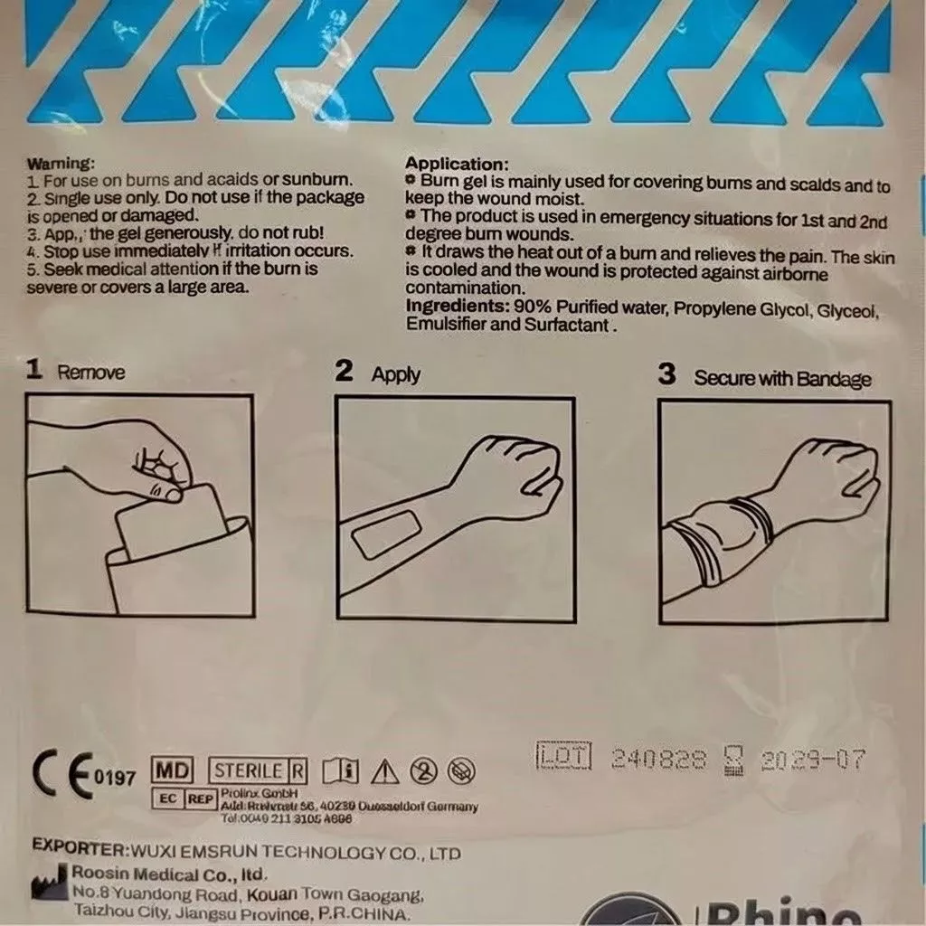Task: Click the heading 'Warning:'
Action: pos(61,164)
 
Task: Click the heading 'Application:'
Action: pos(457,165)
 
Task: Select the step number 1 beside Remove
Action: pos(34,370)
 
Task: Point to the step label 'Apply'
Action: pos(395,374)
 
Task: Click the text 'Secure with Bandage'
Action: pos(782,378)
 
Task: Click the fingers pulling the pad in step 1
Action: pos(163,470)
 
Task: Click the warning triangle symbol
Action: pos(385,771)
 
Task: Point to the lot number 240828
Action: pos(658,759)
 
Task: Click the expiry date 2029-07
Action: pos(813,760)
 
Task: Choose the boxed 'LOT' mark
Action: pos(562,756)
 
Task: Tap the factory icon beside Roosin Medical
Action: pos(47,883)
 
